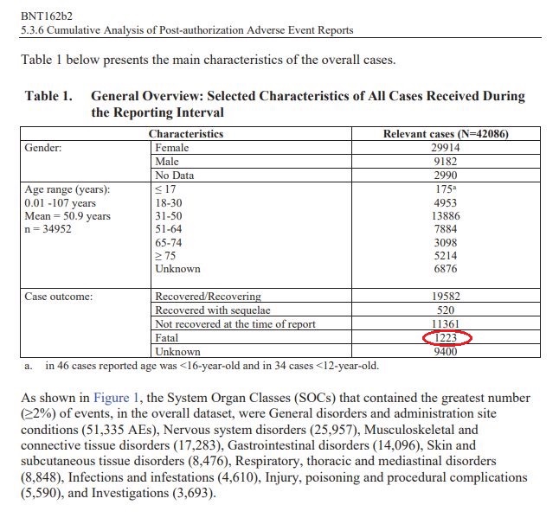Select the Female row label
click(171, 148)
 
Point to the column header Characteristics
click(186, 134)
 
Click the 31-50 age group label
click(168, 215)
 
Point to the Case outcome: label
click(59, 297)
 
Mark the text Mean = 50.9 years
click(68, 216)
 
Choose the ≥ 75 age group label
click(164, 256)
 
